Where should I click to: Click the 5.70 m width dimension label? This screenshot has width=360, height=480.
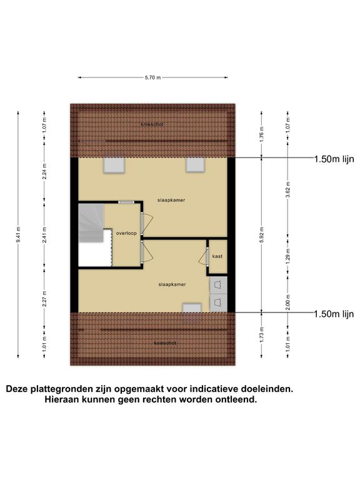pos(152,77)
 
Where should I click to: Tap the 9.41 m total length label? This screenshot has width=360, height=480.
pos(18,235)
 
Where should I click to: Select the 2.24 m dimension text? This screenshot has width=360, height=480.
pos(44,171)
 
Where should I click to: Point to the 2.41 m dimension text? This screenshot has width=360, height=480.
pos(44,235)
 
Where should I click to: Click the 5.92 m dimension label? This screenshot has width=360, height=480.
pos(262,235)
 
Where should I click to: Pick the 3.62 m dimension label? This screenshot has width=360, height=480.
pos(287,190)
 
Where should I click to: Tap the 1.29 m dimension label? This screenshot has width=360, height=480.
pos(287,256)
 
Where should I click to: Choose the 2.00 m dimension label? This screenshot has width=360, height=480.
pos(287,302)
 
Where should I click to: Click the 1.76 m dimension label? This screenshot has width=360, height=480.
pos(262,134)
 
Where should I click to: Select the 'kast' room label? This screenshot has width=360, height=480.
pos(217,256)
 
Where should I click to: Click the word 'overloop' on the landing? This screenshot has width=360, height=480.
pos(126,233)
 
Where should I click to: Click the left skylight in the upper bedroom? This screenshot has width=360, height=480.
pos(114,165)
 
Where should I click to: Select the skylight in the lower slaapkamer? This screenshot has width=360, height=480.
pos(192,307)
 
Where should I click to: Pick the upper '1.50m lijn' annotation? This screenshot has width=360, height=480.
pos(334,159)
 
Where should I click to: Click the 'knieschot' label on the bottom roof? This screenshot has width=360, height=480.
pos(165,343)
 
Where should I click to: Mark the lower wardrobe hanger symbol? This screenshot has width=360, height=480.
pos(219,302)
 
